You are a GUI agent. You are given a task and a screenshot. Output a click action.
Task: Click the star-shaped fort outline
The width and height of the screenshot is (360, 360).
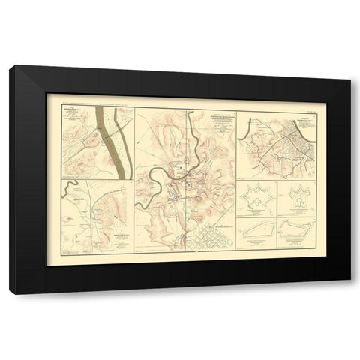point(256,200)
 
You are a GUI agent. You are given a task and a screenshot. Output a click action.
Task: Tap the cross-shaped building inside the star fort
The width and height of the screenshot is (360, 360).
point(256,200)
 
